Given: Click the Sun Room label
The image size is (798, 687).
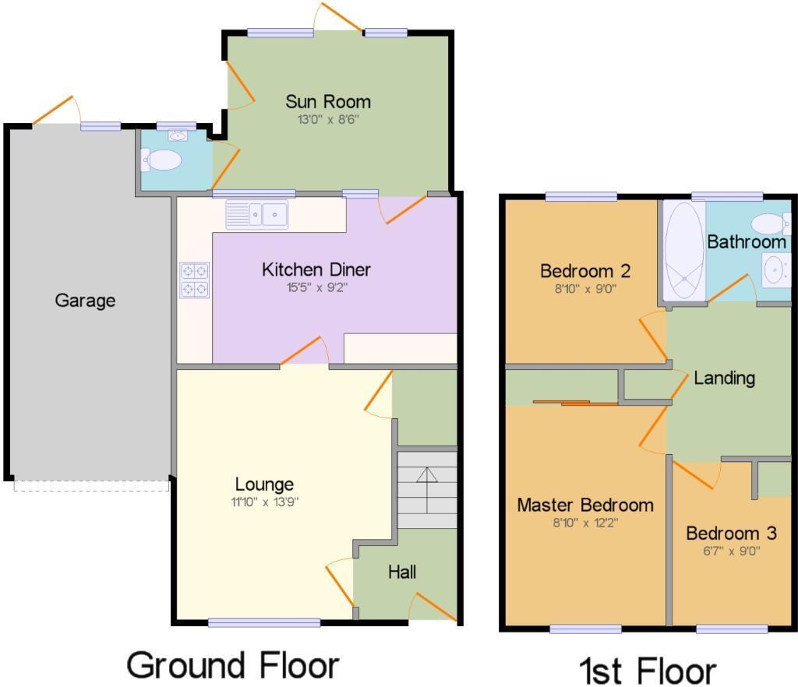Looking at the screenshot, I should (327, 101).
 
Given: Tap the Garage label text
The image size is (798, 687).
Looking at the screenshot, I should (85, 300).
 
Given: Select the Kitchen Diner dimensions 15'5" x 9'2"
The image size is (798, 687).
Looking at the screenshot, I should (316, 287).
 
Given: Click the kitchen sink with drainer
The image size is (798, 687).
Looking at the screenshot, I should (256, 214).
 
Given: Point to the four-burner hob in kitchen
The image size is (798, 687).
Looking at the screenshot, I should (194, 280).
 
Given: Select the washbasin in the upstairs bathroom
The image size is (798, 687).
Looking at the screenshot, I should (774, 271).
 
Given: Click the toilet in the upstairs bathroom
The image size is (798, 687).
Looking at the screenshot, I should (772, 224).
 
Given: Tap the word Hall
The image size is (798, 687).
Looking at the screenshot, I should (402, 572).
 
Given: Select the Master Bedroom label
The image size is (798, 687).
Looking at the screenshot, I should (584, 505).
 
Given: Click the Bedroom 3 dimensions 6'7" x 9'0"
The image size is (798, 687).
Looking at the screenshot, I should (731, 551).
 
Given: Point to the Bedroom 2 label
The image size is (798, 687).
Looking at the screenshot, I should (584, 271).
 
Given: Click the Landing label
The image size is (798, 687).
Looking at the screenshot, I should (725, 378).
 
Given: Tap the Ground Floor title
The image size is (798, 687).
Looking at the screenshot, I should (232, 665).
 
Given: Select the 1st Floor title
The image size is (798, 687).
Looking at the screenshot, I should (647, 669).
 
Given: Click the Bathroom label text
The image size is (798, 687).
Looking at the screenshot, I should (746, 242).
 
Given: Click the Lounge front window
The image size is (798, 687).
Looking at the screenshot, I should (264, 622).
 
